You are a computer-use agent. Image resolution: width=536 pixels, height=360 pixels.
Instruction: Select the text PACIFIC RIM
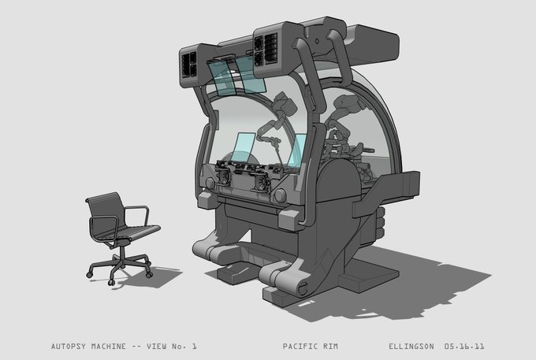coord(311,347)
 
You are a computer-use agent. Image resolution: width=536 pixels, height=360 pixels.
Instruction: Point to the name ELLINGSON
coord(411,347)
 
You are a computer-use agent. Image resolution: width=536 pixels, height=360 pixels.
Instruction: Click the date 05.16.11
coord(464,347)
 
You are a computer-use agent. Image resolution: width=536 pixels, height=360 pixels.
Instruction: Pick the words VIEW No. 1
coord(172,347)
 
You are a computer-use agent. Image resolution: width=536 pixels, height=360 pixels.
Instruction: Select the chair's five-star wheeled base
coord(120,268)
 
